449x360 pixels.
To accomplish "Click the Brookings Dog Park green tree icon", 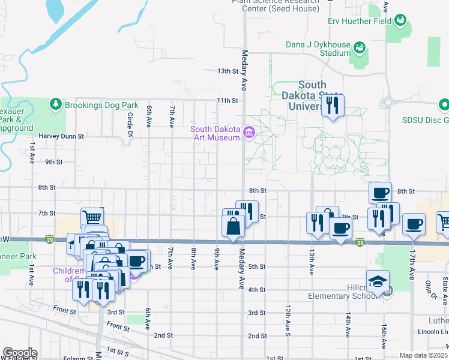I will (56, 104).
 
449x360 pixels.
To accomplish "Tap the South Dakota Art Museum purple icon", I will (249, 133).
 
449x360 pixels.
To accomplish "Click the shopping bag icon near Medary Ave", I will (233, 226).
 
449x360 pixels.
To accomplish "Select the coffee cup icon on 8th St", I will (380, 193).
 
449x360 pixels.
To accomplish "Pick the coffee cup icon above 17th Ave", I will (413, 224).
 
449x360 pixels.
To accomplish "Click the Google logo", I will (19, 353).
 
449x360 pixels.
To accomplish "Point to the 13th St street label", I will (228, 71).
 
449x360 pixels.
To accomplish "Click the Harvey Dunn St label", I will (61, 136).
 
